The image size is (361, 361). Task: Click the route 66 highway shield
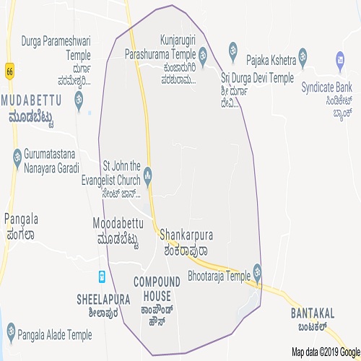(9, 71)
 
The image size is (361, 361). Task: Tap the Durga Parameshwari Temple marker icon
(79, 97)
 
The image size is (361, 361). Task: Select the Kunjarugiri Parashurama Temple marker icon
(203, 53)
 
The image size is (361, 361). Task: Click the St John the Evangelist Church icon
(148, 174)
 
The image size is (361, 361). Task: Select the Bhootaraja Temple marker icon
(258, 274)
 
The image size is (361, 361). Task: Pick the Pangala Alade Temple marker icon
(11, 333)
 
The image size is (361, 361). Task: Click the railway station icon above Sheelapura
(103, 275)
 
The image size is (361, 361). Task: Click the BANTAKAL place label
(313, 313)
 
